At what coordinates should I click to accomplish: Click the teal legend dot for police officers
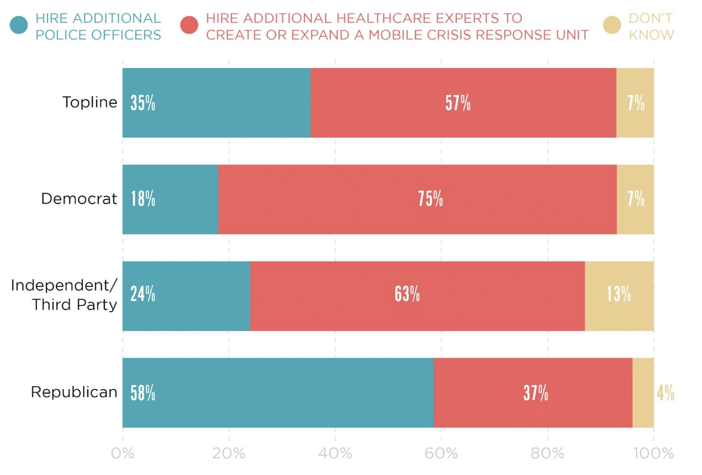click(x=19, y=25)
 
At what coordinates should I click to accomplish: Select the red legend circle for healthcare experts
click(x=189, y=25)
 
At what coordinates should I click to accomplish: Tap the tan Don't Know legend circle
click(x=612, y=25)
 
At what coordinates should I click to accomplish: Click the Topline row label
click(x=90, y=102)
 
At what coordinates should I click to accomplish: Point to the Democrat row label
click(x=79, y=199)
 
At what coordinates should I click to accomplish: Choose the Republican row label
click(x=74, y=392)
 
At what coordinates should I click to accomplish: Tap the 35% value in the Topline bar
click(x=143, y=103)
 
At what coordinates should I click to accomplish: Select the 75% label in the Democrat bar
click(x=431, y=199)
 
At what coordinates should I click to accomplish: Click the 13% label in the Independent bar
click(x=619, y=294)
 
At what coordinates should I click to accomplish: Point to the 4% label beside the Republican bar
click(x=665, y=393)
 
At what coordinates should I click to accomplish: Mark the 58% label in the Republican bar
click(x=143, y=393)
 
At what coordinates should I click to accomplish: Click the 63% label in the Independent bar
click(x=407, y=294)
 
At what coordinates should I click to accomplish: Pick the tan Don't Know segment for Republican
click(x=643, y=393)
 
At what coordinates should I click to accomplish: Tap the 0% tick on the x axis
click(x=122, y=453)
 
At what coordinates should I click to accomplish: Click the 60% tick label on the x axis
click(x=441, y=453)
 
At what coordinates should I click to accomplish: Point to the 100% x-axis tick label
click(x=654, y=453)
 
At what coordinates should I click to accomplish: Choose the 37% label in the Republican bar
click(x=535, y=393)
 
